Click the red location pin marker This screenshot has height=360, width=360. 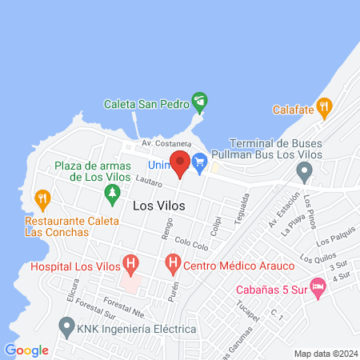pyautogui.click(x=180, y=162)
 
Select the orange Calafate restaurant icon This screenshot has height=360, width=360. pyautogui.click(x=323, y=106)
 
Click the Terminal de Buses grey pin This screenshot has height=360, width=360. pyautogui.click(x=304, y=170)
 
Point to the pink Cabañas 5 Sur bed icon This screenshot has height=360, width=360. pyautogui.click(x=318, y=286)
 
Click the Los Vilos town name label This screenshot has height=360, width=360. pyautogui.click(x=158, y=206)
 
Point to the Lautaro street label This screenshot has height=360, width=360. pyautogui.click(x=149, y=182)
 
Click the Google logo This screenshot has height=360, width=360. pyautogui.click(x=26, y=350)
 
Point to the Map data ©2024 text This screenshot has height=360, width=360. pyautogui.click(x=324, y=353)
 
